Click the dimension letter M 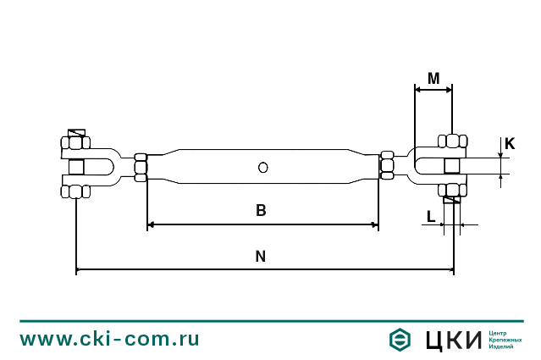pos(433,79)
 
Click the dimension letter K pos(510,144)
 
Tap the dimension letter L pos(431,216)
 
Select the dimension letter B pos(261,211)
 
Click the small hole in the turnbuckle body pos(263,167)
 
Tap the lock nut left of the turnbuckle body pos(141,167)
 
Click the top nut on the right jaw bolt pos(452,141)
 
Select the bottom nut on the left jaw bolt pos(75,191)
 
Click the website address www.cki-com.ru pos(110,340)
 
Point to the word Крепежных pos(505,340)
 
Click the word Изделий pos(501,347)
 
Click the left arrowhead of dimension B pos(151,224)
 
